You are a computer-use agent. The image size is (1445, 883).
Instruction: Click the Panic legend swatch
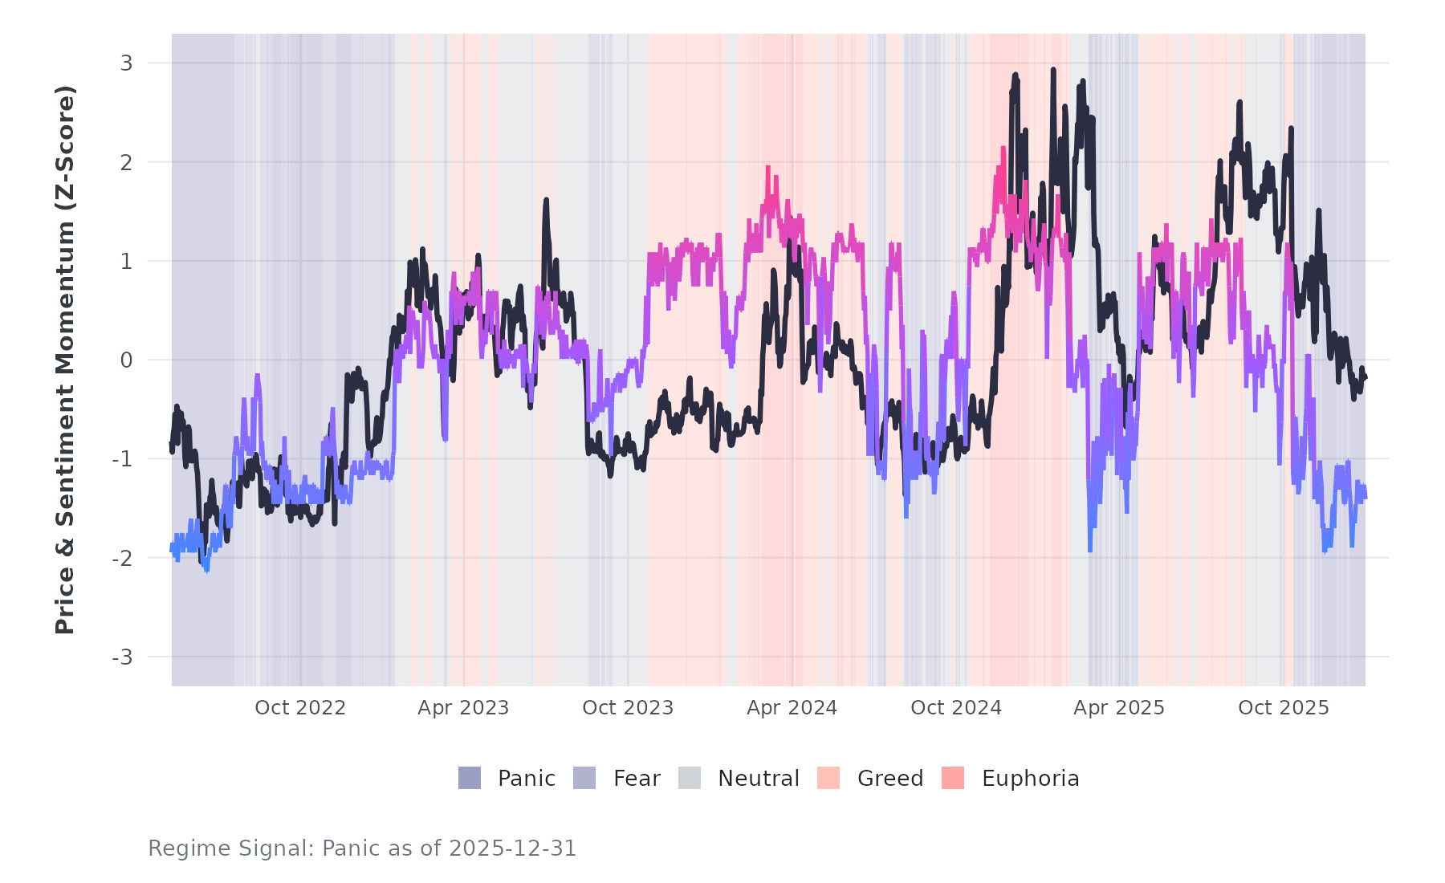tap(470, 778)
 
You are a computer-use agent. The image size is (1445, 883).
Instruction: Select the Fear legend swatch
tap(584, 778)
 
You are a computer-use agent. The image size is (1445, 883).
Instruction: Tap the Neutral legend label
tap(758, 779)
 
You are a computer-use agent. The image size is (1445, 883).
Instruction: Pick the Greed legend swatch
tap(828, 778)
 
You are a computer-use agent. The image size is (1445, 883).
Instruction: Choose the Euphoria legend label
tap(1030, 779)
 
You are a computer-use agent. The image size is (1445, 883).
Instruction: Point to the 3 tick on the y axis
tap(127, 63)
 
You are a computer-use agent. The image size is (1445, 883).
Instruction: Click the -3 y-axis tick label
tap(123, 657)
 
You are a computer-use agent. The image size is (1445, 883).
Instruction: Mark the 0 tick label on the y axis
tap(127, 360)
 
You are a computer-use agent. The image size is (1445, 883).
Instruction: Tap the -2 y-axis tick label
tap(123, 559)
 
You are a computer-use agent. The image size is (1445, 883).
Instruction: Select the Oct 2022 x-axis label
tap(300, 708)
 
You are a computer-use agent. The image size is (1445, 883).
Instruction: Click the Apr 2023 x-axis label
tap(463, 708)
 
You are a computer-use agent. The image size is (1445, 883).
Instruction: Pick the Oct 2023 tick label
tap(628, 708)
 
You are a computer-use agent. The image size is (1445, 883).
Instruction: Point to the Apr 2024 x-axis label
tap(792, 708)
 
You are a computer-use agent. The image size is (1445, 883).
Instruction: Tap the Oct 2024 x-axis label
tap(956, 708)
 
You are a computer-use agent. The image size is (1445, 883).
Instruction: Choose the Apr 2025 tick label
tap(1119, 708)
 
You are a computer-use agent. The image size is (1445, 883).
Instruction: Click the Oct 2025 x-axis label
tap(1284, 708)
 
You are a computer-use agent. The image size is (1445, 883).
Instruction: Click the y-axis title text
tap(65, 360)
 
